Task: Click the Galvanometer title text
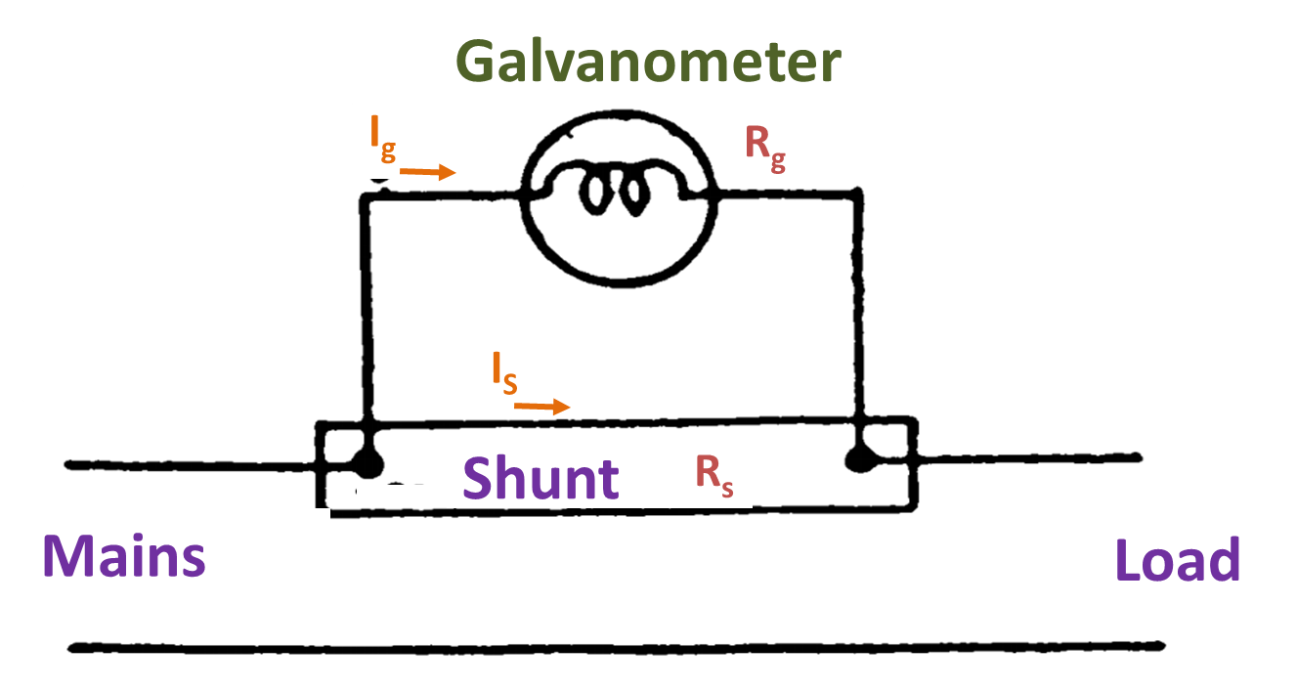pyautogui.click(x=648, y=63)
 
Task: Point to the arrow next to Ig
pyautogui.click(x=428, y=173)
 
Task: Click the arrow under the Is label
pyautogui.click(x=541, y=406)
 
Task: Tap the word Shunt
pyautogui.click(x=540, y=479)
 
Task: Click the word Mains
pyautogui.click(x=124, y=556)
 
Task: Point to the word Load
pyautogui.click(x=1177, y=562)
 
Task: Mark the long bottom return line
pyautogui.click(x=616, y=646)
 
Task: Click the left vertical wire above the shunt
pyautogui.click(x=367, y=313)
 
